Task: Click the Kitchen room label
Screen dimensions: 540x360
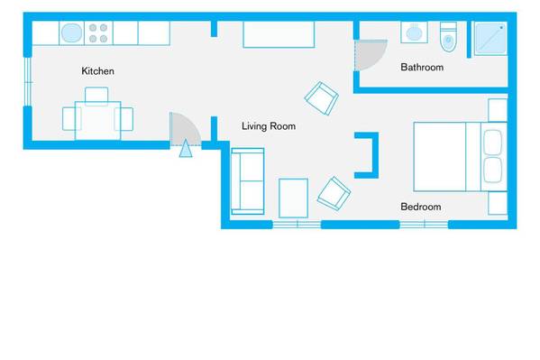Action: [x=97, y=71]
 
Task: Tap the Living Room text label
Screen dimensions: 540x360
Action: [x=269, y=126]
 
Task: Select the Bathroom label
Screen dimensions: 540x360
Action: [x=422, y=68]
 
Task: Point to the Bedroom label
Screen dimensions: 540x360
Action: [x=421, y=207]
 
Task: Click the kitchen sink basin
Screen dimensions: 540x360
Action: [x=71, y=33]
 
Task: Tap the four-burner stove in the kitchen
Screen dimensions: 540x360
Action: [x=98, y=33]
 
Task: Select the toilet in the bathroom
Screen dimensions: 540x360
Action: [x=448, y=37]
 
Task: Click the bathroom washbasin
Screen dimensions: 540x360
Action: [x=414, y=32]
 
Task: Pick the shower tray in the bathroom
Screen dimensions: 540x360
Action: [x=490, y=38]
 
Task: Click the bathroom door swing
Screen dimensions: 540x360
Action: [x=371, y=55]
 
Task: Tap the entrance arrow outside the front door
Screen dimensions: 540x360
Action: [x=186, y=148]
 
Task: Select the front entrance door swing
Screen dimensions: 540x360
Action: [x=184, y=128]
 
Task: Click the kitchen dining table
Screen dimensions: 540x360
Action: [x=97, y=120]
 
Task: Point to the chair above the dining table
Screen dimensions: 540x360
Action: [x=96, y=95]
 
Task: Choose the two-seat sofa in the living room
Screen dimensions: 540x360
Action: [x=248, y=181]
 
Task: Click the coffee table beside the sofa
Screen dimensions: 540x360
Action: [x=293, y=198]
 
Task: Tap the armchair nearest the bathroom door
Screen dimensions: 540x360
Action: [x=321, y=98]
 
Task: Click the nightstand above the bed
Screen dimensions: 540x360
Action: [x=498, y=110]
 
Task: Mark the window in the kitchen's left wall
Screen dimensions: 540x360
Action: [x=28, y=81]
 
